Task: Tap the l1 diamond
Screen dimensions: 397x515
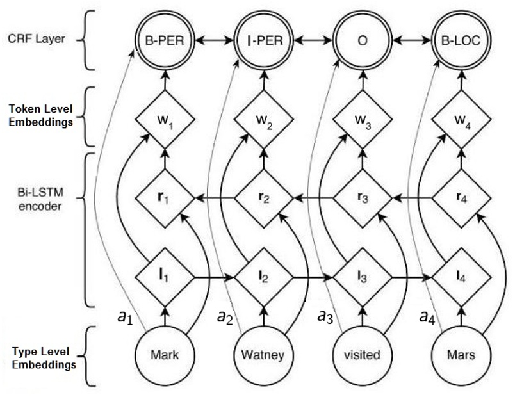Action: click(x=165, y=278)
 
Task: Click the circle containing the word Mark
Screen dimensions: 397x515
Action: click(x=165, y=354)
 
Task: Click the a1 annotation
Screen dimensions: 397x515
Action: click(x=126, y=317)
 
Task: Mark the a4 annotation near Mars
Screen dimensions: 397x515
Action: click(x=427, y=316)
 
